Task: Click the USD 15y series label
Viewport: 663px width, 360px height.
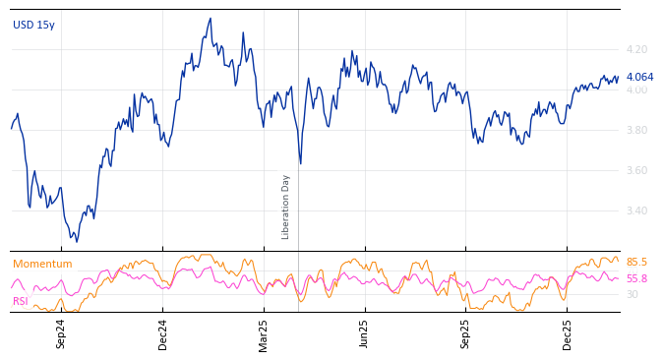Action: coord(33,25)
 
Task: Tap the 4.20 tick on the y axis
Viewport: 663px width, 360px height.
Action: coord(636,49)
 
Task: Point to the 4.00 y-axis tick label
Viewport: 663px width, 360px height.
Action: coord(636,90)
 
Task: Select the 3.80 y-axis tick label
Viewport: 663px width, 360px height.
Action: coord(636,130)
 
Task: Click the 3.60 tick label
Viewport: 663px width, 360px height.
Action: coord(636,170)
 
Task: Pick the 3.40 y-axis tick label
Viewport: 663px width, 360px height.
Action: coord(636,210)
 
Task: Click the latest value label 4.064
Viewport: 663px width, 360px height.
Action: coord(639,77)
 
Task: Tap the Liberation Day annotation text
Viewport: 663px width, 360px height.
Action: coord(286,207)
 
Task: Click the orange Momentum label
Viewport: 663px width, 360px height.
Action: coord(42,264)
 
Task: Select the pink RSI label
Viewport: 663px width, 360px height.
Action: coord(20,301)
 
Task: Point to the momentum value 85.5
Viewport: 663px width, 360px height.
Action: coord(636,262)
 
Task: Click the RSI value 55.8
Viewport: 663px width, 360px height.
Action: coord(636,278)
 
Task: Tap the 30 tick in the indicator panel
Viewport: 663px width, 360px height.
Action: coord(632,294)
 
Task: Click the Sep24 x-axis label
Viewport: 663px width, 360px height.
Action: coord(61,333)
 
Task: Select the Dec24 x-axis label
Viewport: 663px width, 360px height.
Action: coord(163,333)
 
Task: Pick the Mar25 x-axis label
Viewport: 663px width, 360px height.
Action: coord(263,333)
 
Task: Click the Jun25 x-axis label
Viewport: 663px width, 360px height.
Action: coord(364,333)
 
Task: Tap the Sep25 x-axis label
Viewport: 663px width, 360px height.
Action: coord(466,333)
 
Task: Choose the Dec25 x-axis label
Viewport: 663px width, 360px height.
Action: coord(568,333)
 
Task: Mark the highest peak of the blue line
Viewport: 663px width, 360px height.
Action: coord(210,19)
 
